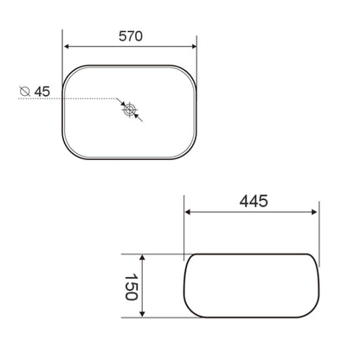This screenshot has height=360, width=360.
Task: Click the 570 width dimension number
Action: point(131,36)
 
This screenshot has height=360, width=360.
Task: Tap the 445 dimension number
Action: point(254,201)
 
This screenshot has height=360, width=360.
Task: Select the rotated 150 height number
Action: point(132,287)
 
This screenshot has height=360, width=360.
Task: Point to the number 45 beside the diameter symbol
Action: point(42,92)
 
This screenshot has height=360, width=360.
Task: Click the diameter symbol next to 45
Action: point(25,91)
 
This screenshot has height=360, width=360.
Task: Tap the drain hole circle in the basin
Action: point(129,110)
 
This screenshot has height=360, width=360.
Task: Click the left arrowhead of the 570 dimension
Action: point(67,47)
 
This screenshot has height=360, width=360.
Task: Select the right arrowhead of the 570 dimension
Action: point(193,47)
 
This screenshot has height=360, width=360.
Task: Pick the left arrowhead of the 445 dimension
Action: point(188,212)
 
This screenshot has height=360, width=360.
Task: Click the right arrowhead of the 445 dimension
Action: point(314,212)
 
